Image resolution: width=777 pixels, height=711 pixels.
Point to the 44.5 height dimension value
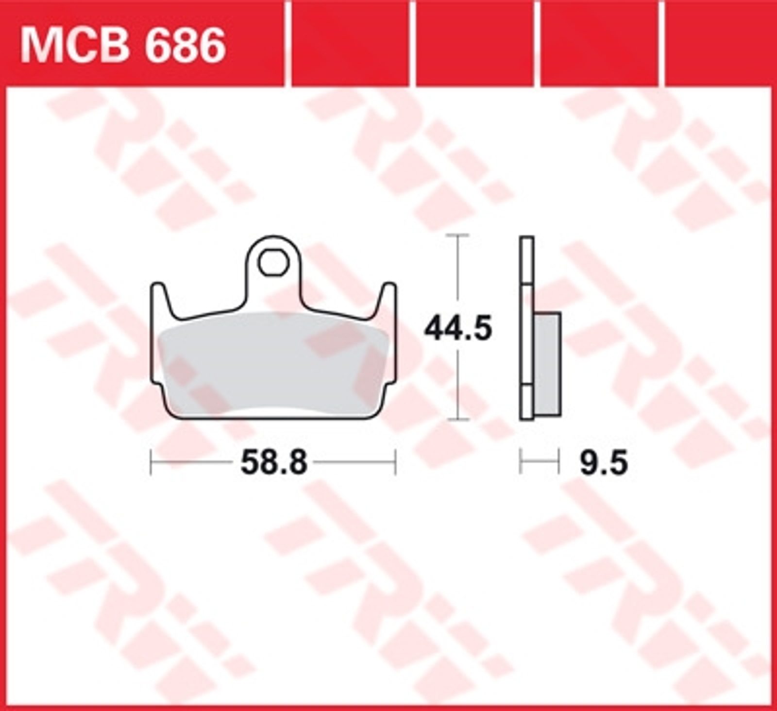coord(458,329)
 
